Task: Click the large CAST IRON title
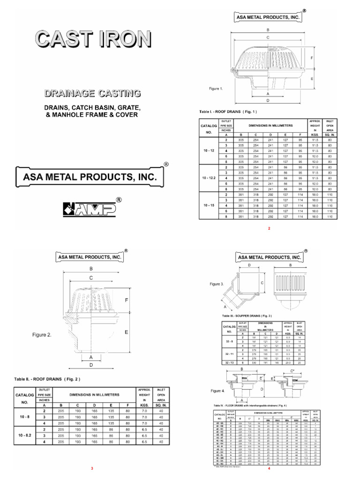tap(91, 39)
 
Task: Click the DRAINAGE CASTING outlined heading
tap(92, 93)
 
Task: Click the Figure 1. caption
tap(216, 88)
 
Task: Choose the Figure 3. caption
tap(217, 284)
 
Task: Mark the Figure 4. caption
tap(217, 390)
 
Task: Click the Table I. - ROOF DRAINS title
tap(229, 112)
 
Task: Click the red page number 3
tap(92, 469)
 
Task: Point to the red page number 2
tap(269, 228)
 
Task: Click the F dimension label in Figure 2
tap(140, 300)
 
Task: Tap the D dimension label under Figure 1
tap(268, 100)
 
